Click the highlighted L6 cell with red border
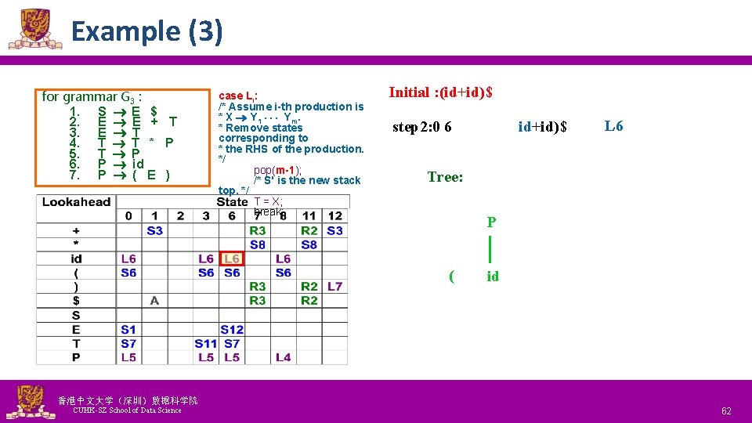[232, 258]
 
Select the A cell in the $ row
[154, 300]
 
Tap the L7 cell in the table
[334, 287]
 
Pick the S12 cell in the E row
[232, 329]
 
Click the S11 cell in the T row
[206, 343]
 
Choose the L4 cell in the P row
[283, 357]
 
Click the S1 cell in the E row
[128, 329]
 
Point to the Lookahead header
[76, 202]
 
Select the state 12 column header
[334, 216]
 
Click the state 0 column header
[128, 216]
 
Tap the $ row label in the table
[76, 300]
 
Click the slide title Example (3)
[146, 32]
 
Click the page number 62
[726, 410]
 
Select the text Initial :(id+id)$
[441, 92]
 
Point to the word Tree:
[445, 177]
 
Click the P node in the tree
[490, 222]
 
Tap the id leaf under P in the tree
[492, 276]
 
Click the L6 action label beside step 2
[613, 126]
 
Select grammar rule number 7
[75, 175]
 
